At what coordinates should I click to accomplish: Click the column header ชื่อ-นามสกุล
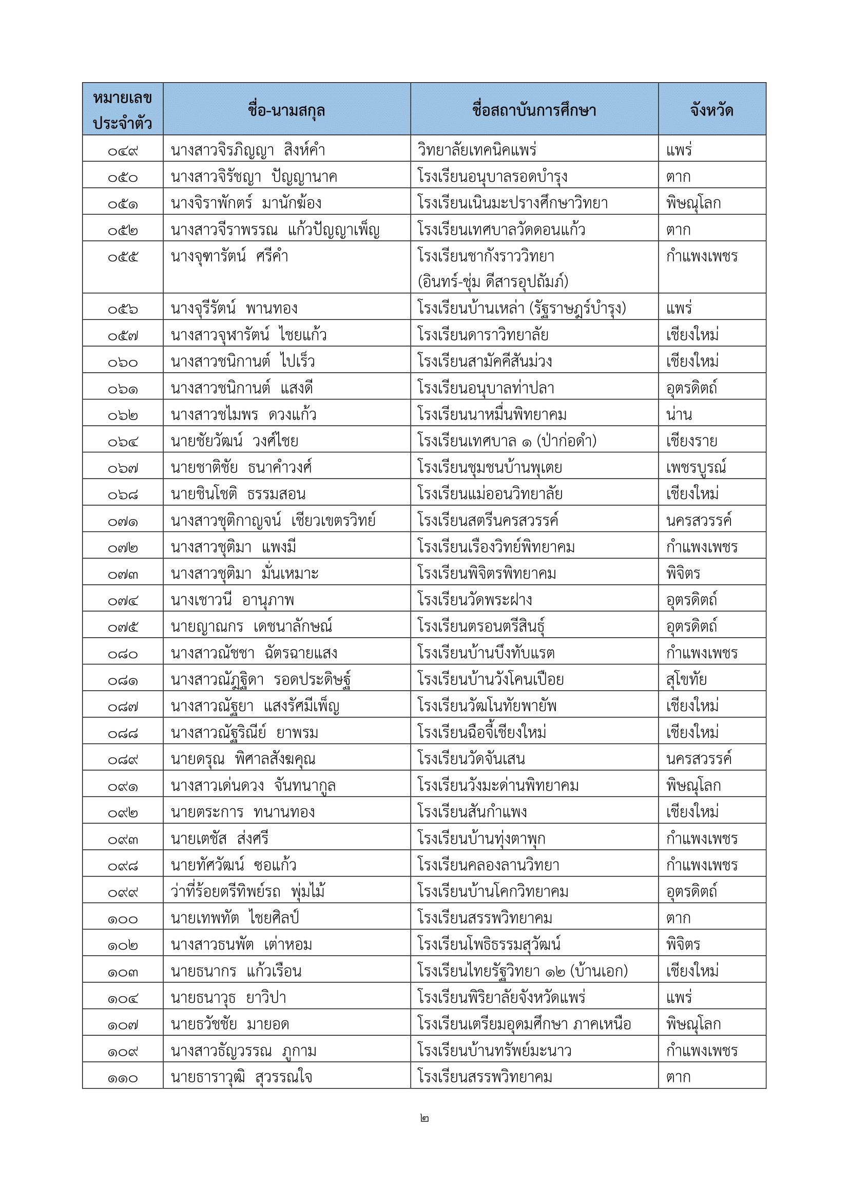click(286, 110)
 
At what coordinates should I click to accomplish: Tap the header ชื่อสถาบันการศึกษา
click(534, 110)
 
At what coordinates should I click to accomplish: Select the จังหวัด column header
click(711, 110)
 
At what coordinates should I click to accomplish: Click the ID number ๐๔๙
click(123, 151)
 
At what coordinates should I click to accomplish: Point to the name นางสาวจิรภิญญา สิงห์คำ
click(248, 150)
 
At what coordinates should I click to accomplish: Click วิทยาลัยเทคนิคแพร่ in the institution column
click(477, 150)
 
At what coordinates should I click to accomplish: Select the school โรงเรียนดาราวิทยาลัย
click(483, 335)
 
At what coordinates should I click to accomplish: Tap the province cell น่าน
click(679, 415)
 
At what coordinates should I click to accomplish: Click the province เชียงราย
click(691, 441)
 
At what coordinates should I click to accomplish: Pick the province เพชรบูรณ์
click(697, 468)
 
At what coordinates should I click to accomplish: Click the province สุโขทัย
click(686, 679)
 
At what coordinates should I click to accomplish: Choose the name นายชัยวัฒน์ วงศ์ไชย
click(234, 441)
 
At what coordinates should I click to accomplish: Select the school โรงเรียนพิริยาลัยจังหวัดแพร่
click(501, 998)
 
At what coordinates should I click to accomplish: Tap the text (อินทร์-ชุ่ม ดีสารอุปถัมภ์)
click(492, 281)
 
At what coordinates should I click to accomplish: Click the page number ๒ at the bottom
click(424, 1118)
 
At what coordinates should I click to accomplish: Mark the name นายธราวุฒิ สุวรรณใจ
click(242, 1077)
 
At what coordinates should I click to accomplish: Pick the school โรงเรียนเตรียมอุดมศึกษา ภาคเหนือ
click(525, 1024)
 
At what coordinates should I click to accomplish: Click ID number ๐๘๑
click(123, 680)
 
